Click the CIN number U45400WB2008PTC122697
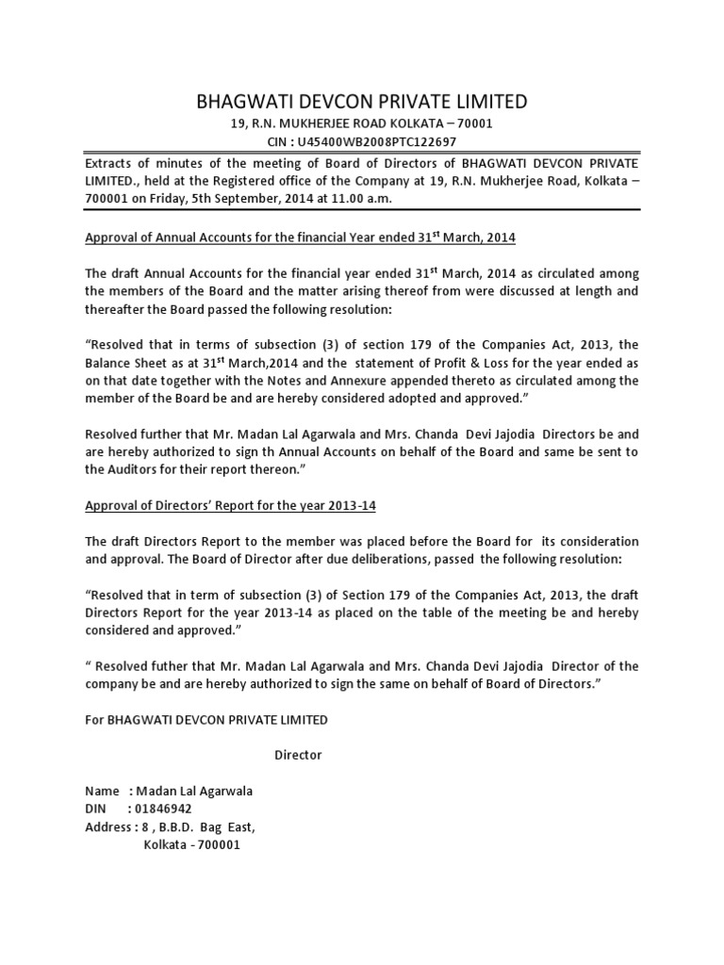(384, 141)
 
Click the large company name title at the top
(361, 102)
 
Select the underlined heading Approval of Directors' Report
(230, 505)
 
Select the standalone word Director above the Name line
(298, 755)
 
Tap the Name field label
(102, 791)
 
